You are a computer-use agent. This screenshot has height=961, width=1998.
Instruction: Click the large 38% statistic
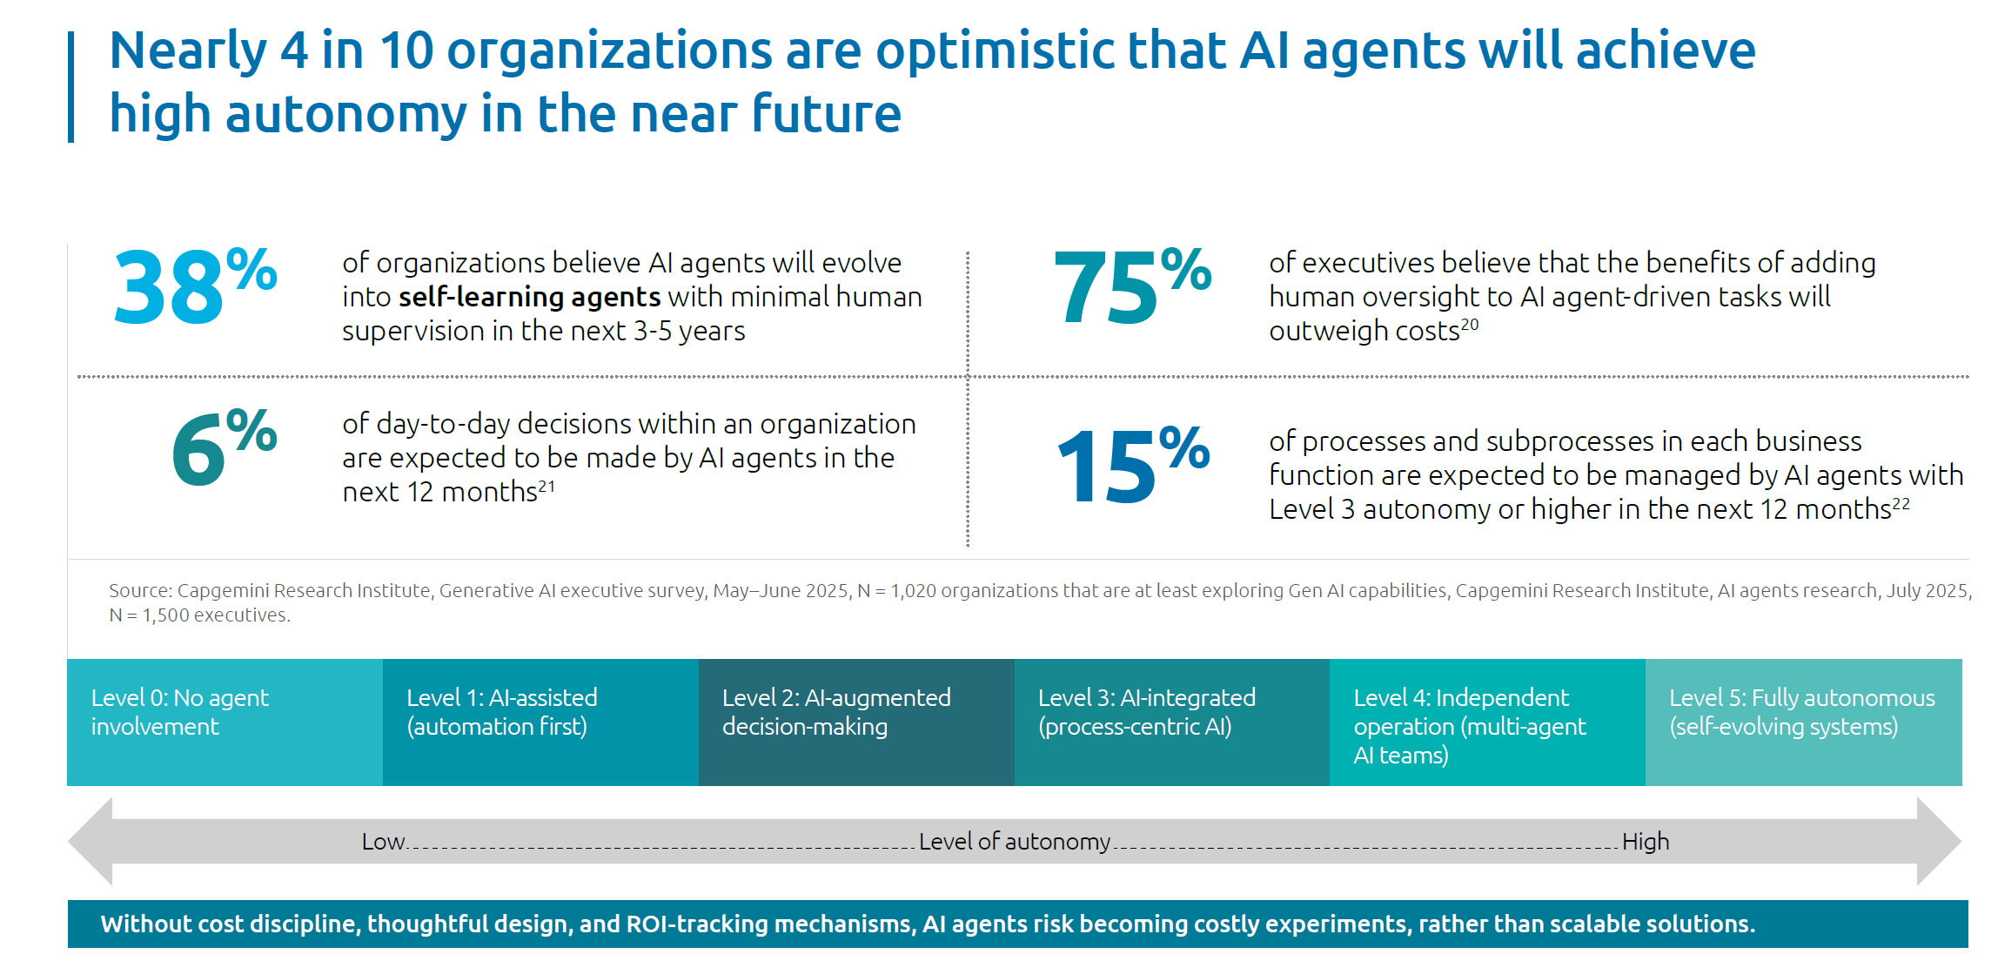(x=194, y=286)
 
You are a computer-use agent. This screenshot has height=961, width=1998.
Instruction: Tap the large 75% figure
(x=1130, y=286)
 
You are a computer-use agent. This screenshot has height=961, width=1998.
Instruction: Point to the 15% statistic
(x=1131, y=465)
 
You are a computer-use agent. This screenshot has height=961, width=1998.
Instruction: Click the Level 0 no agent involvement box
(x=225, y=722)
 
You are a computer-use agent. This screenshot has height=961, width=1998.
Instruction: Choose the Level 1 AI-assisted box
(x=540, y=722)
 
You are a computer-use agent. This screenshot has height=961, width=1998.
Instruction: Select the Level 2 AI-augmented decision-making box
(x=856, y=722)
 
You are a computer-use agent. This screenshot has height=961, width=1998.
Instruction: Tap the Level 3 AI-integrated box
(x=1171, y=722)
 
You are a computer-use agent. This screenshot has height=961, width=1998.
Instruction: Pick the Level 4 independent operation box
(x=1487, y=722)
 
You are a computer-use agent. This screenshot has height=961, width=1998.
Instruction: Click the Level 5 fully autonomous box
(x=1803, y=722)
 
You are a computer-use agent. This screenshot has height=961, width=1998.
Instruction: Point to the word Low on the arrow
(x=383, y=842)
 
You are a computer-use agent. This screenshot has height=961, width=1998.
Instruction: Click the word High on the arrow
(x=1646, y=842)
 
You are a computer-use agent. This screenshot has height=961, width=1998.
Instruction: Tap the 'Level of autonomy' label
(x=1015, y=842)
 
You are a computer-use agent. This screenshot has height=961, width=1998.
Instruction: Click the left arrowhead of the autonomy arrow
(x=92, y=841)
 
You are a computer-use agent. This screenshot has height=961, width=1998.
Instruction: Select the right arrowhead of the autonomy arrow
(x=1938, y=841)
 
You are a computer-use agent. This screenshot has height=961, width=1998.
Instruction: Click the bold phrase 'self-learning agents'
(x=529, y=297)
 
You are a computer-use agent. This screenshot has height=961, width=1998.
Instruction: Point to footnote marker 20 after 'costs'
(x=1470, y=324)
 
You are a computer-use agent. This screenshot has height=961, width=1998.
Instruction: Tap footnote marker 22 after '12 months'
(x=1901, y=503)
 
